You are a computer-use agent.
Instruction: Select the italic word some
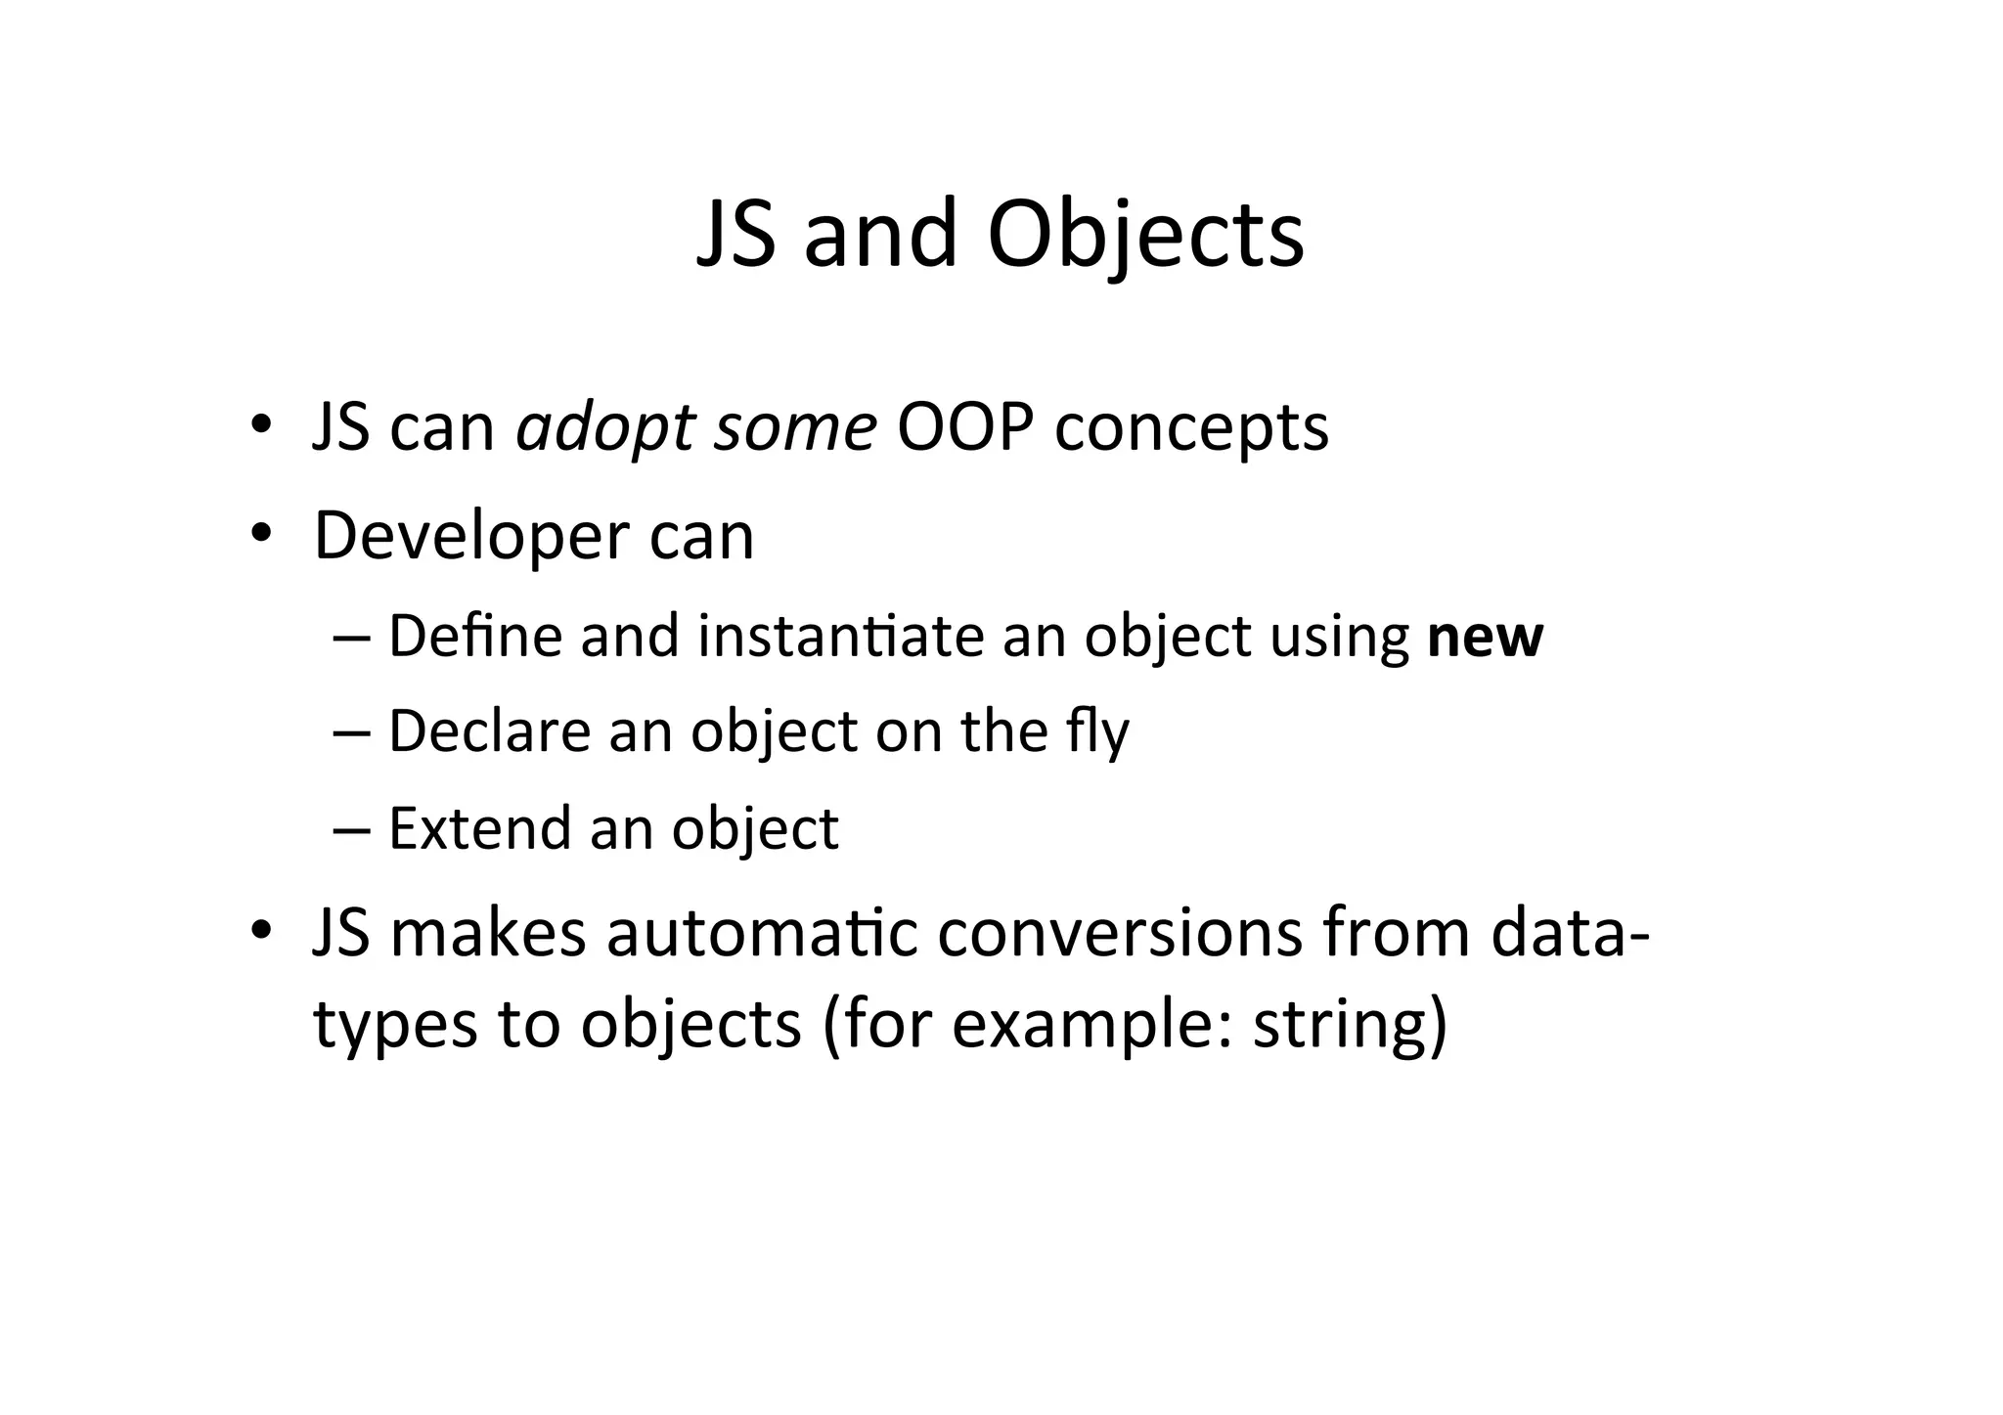794,428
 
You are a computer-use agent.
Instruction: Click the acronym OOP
964,428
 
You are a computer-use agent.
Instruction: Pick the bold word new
1485,638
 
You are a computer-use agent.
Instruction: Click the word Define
475,637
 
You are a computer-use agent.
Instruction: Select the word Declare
489,731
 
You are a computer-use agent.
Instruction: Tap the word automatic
762,933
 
